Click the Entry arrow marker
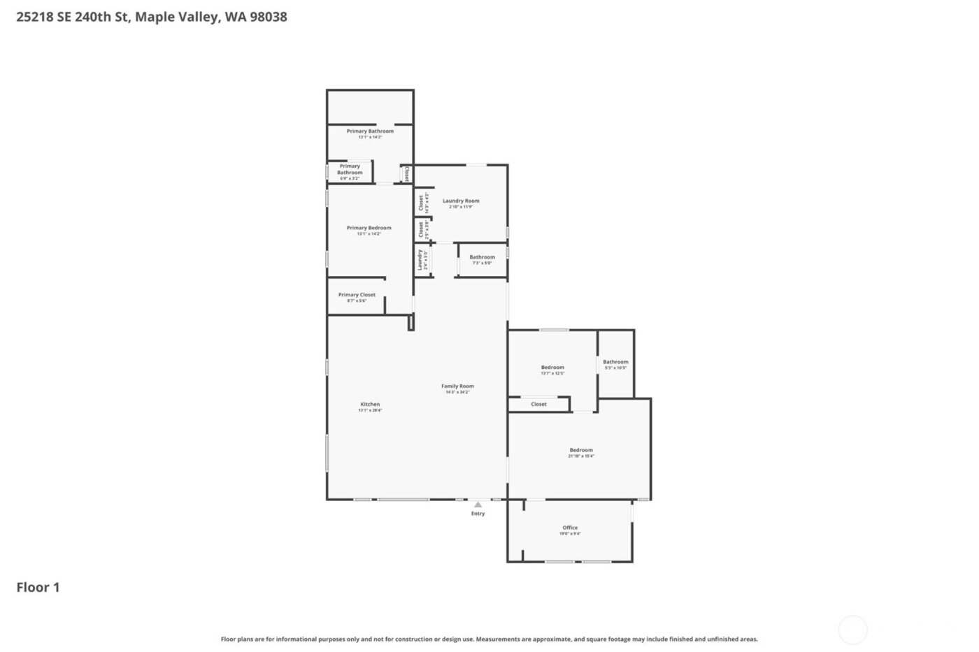[478, 505]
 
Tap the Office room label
[570, 528]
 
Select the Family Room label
[457, 386]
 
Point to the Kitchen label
[370, 404]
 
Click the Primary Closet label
[357, 295]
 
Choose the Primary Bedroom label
[369, 228]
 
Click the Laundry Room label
[461, 201]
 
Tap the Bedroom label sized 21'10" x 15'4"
[581, 450]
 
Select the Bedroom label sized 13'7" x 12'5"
[552, 368]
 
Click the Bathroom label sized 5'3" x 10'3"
[615, 362]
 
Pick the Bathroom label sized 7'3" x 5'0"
[482, 257]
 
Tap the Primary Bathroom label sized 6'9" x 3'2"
[350, 169]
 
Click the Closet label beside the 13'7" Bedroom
[538, 404]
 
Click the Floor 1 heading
[38, 587]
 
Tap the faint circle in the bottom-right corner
[852, 630]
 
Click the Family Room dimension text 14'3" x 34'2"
[457, 392]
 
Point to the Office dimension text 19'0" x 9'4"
[570, 534]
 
